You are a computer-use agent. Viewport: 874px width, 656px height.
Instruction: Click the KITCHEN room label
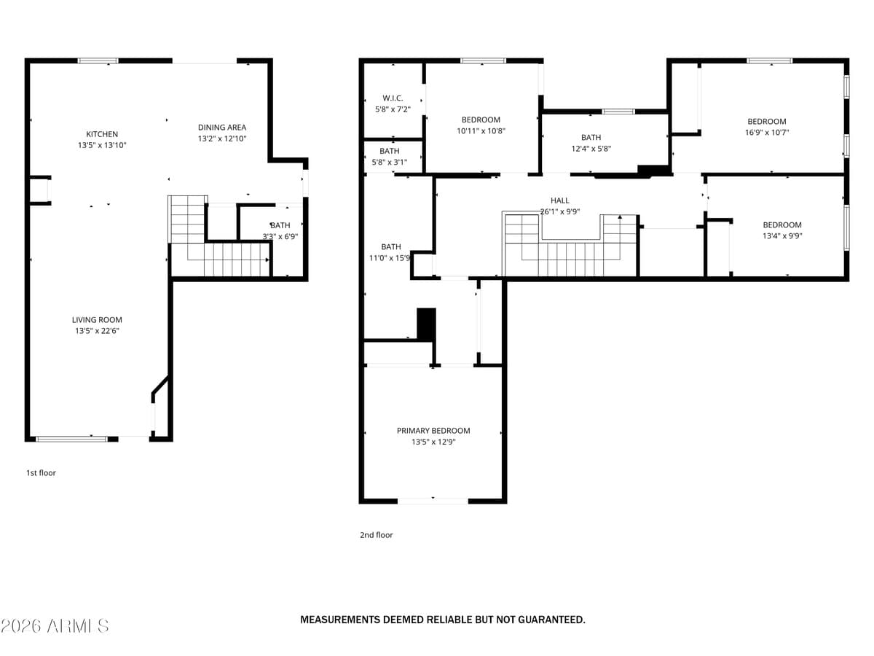(x=102, y=134)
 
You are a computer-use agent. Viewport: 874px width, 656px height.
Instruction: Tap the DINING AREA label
(x=222, y=128)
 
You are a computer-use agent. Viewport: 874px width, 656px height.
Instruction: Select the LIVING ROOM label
(x=97, y=320)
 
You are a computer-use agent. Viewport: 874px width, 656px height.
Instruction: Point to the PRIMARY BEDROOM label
(x=433, y=431)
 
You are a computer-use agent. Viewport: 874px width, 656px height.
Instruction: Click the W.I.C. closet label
(x=393, y=98)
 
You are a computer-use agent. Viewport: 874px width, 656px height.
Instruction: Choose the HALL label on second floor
(x=560, y=200)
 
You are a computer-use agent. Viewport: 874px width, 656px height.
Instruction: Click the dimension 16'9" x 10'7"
(x=767, y=133)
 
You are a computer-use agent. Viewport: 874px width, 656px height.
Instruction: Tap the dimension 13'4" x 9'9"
(x=782, y=236)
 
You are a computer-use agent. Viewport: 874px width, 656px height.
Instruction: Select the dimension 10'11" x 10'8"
(x=481, y=131)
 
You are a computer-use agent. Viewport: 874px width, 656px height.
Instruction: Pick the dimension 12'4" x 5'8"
(x=591, y=149)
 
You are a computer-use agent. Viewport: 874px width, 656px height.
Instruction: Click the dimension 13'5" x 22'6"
(x=97, y=331)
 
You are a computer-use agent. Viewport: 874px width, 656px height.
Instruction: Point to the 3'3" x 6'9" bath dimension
(x=280, y=236)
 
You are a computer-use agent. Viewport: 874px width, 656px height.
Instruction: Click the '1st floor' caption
(x=41, y=473)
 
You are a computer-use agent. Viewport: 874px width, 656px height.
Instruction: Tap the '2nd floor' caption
(x=377, y=535)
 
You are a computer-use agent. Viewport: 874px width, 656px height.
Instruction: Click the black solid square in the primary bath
(x=426, y=324)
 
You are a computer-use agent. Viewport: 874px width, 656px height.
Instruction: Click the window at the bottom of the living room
(x=71, y=439)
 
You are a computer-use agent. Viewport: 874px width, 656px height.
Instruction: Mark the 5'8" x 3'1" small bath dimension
(x=389, y=163)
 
